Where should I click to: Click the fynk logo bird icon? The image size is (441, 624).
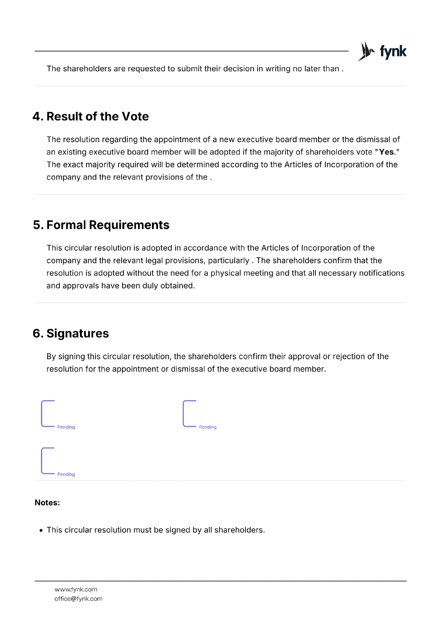click(x=366, y=51)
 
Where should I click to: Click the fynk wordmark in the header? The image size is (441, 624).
click(x=393, y=51)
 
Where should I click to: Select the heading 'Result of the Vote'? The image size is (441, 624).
click(x=97, y=116)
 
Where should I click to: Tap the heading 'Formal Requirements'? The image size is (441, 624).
click(x=108, y=225)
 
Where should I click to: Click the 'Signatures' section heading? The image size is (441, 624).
click(x=78, y=333)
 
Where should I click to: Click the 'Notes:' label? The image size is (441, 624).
click(x=47, y=503)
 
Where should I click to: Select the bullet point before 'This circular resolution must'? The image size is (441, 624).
click(x=41, y=530)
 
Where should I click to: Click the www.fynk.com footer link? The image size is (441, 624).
click(x=76, y=589)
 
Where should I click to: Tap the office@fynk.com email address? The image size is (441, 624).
click(x=78, y=599)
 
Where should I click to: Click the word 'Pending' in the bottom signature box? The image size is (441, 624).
click(x=66, y=474)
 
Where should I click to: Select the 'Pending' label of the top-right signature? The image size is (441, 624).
click(x=207, y=427)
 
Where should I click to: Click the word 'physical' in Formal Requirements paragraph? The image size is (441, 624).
click(x=225, y=273)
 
